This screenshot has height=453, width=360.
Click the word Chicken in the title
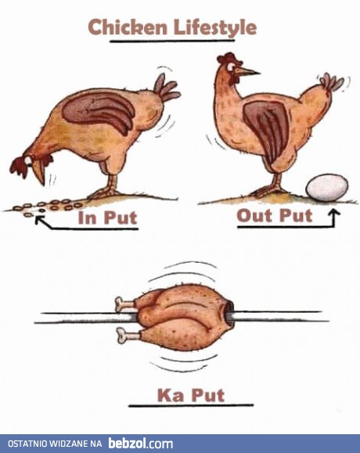pos(128,27)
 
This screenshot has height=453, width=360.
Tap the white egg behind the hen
pos(327,187)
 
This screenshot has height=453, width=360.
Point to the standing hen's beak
pos(247,71)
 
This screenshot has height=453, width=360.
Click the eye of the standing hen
pos(231,67)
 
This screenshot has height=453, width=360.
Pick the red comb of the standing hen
pos(229,58)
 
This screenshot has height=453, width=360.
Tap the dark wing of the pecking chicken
pos(99,111)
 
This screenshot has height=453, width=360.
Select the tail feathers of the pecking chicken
pos(166,88)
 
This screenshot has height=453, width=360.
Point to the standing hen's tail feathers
pos(332,82)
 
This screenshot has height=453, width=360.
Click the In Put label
pos(107,218)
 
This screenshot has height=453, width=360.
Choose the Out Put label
pos(275,215)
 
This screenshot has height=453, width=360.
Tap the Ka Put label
pos(191,395)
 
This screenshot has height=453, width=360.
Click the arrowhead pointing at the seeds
pos(39,220)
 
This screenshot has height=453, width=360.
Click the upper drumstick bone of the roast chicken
pos(125,304)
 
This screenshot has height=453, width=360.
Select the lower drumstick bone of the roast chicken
pos(127,335)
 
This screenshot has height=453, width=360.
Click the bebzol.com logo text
pos(141,444)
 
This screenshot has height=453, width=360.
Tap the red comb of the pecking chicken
pos(18,167)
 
